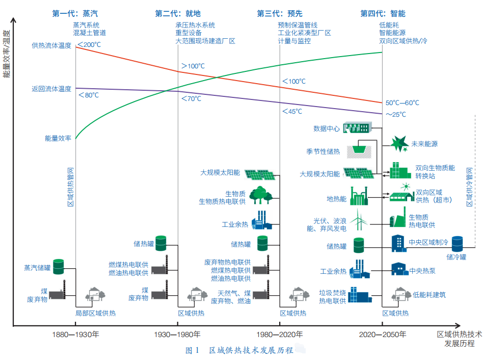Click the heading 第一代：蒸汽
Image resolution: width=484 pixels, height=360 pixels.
[75, 13]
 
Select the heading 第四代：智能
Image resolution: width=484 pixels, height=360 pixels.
[383, 13]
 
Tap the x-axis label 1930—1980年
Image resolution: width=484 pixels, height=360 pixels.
[177, 335]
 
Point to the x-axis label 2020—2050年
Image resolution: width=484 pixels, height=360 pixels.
[383, 335]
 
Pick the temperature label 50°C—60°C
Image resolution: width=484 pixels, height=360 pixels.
[402, 102]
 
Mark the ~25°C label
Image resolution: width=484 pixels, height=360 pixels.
[396, 114]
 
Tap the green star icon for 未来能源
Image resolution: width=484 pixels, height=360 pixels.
[399, 144]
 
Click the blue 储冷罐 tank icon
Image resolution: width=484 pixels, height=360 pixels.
[457, 244]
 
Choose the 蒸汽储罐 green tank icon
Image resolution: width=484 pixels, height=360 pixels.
[59, 266]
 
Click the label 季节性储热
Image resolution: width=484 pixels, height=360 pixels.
[323, 151]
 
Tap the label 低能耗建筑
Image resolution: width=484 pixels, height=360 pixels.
[429, 294]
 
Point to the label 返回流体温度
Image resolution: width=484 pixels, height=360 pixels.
[51, 89]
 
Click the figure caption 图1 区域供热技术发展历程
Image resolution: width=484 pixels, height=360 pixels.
[239, 350]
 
